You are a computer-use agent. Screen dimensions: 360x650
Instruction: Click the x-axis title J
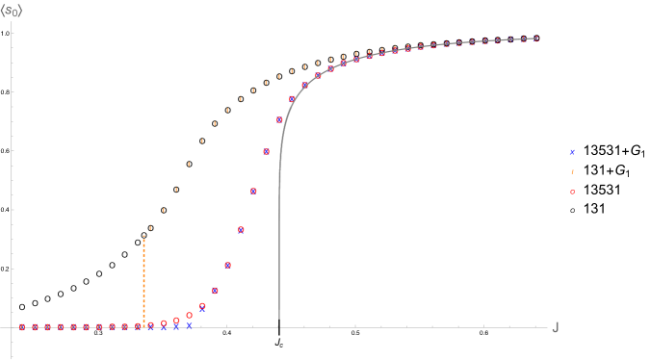pos(555,327)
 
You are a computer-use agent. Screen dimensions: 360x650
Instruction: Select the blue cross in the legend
pos(572,152)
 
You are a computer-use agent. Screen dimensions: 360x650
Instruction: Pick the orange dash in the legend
pos(572,172)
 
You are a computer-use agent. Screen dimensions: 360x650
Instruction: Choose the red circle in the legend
pos(572,192)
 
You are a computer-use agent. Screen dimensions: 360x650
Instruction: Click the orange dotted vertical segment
pos(144,279)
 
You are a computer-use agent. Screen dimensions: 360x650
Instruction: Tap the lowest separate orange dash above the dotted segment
pos(150,228)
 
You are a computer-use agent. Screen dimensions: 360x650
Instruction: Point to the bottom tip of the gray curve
pos(279,318)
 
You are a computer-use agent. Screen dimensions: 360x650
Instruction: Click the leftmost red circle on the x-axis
pos(22,327)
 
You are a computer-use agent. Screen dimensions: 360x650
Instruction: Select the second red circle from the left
pos(35,327)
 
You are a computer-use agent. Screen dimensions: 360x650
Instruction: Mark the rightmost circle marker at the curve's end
pos(535,39)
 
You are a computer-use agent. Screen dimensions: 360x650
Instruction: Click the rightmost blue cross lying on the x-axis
pos(189,326)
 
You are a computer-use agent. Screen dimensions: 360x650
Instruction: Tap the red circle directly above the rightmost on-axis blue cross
pos(189,315)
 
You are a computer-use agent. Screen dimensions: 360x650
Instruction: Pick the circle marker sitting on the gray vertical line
pos(279,120)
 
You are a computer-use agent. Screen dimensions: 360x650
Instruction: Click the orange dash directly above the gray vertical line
pos(279,76)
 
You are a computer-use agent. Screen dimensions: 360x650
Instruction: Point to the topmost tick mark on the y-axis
pos(13,34)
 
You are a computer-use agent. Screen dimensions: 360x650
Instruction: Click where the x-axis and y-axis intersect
pos(12,327)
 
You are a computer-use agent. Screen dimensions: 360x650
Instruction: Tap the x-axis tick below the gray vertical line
pos(279,326)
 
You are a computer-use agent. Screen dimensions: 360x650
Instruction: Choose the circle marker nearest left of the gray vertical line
pos(267,151)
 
